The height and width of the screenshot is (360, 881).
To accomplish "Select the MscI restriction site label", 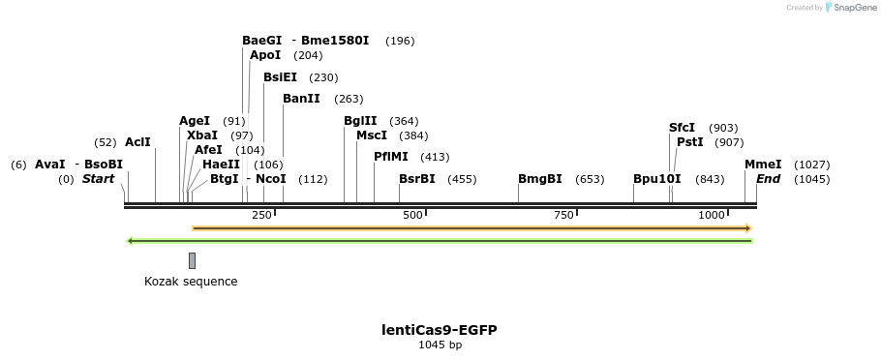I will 372,135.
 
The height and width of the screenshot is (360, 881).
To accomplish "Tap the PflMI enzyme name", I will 391,157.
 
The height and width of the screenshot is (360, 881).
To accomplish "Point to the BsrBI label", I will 417,179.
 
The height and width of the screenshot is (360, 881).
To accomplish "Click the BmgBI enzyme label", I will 540,179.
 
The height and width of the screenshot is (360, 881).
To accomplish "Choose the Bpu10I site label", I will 657,179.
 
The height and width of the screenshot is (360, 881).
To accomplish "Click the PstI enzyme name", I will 690,142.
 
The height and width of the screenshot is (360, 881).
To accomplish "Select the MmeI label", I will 763,165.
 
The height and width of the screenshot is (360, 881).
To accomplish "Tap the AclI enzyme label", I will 137,142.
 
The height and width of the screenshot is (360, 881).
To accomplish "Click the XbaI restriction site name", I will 202,135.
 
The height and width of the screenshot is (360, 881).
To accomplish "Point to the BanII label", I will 301,99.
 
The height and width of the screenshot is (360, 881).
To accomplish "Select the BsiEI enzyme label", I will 280,77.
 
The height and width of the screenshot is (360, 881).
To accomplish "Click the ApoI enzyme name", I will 265,55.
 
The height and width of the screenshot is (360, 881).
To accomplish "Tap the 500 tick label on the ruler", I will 413,215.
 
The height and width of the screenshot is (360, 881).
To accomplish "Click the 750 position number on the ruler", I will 564,215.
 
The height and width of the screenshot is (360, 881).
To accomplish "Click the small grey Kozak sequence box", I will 193,260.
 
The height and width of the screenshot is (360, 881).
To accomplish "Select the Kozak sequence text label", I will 191,282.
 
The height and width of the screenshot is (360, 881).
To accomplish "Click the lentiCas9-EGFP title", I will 440,330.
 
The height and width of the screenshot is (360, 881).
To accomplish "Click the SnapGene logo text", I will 853,8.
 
